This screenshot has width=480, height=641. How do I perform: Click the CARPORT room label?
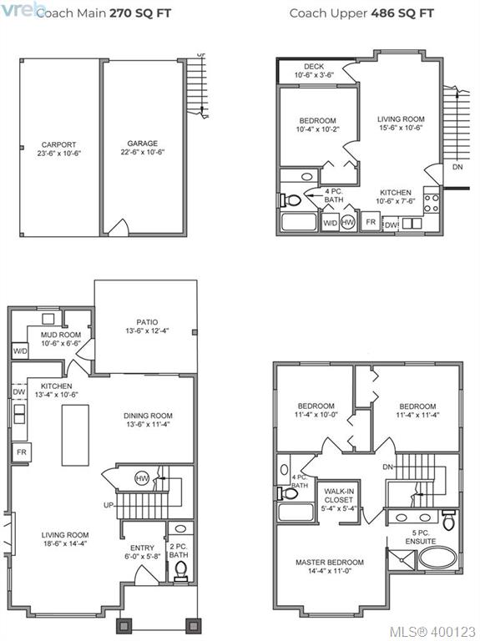59,144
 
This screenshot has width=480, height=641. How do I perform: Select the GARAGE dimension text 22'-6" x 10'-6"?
142,152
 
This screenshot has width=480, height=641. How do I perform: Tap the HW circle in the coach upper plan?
347,222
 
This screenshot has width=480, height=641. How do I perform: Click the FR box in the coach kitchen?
371,222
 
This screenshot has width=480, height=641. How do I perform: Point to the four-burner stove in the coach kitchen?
432,203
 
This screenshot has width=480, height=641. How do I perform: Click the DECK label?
314,66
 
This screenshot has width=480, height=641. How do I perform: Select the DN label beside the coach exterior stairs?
457,167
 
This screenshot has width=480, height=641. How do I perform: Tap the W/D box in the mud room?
20,351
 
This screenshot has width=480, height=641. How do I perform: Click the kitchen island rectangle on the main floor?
75,435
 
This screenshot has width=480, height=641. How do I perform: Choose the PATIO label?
147,322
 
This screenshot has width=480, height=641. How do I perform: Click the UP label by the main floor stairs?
109,505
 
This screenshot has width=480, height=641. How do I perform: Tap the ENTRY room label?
142,548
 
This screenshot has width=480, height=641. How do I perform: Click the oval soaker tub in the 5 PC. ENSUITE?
438,558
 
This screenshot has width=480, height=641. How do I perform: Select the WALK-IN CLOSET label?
339,496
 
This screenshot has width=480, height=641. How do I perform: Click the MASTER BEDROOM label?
330,563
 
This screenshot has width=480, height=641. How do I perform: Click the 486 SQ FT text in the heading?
402,13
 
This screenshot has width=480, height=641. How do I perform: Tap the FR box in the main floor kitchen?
22,452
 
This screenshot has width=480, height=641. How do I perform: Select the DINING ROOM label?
148,416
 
